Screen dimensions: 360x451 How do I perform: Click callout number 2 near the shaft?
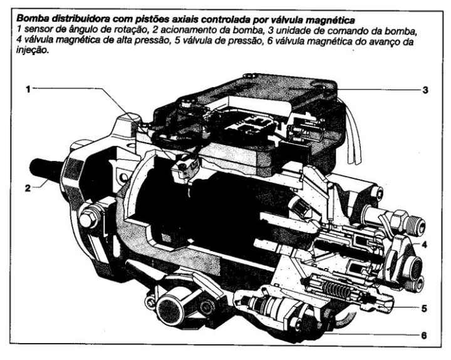(x=28, y=187)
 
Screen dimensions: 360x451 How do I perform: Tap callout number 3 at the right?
(x=425, y=90)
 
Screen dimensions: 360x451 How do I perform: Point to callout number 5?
(x=424, y=308)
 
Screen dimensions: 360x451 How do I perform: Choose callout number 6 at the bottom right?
(x=424, y=336)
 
